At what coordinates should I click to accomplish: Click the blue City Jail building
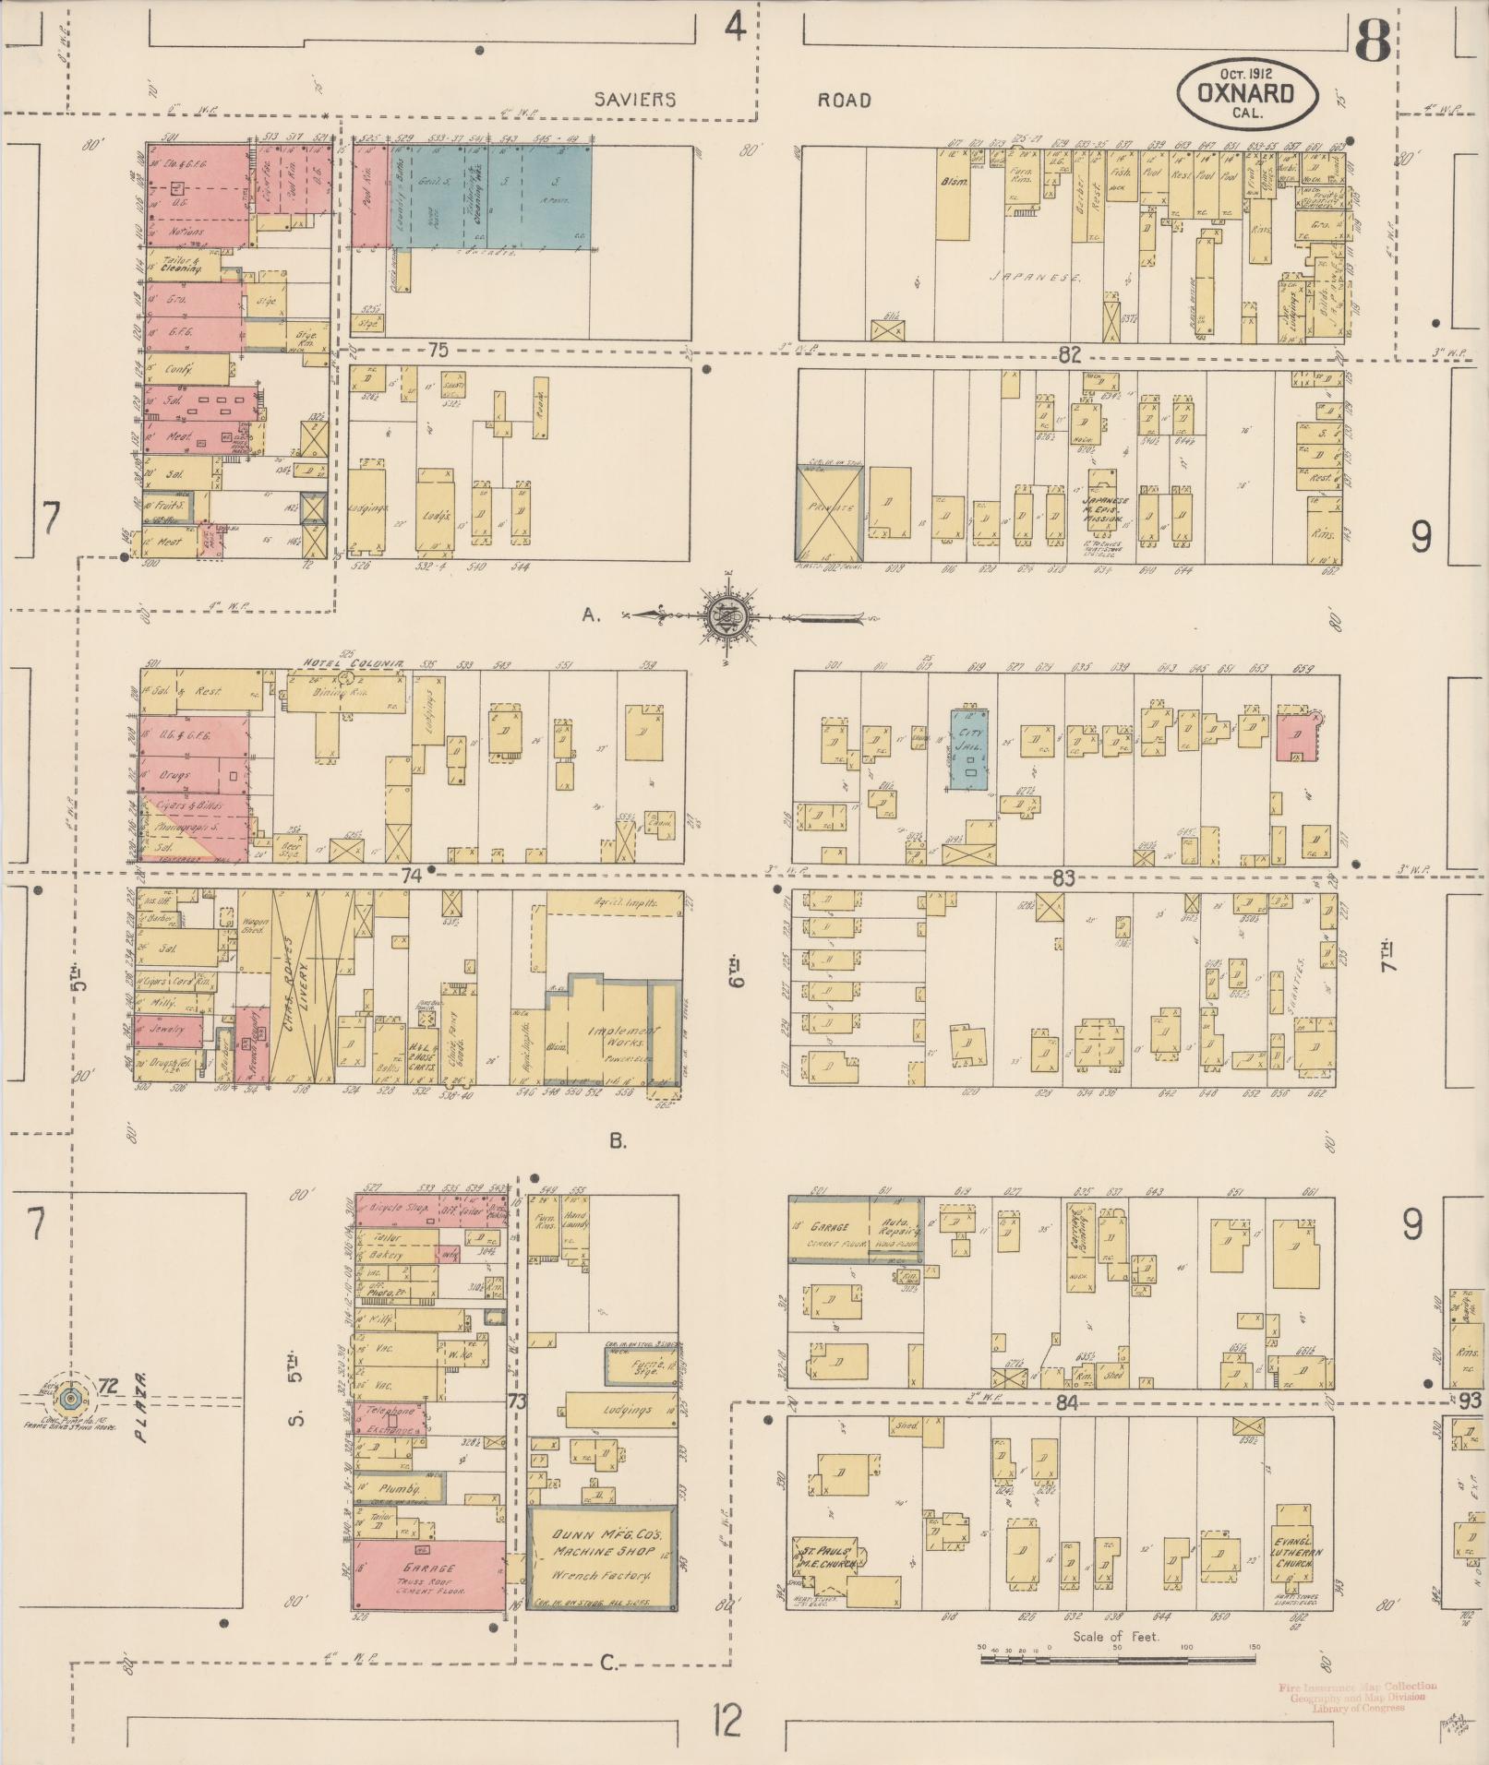[969, 749]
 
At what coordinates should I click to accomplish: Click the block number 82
[1069, 353]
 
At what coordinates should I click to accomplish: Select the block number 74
[411, 877]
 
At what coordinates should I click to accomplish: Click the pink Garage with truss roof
[428, 1575]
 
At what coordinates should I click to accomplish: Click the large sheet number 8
[1374, 40]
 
